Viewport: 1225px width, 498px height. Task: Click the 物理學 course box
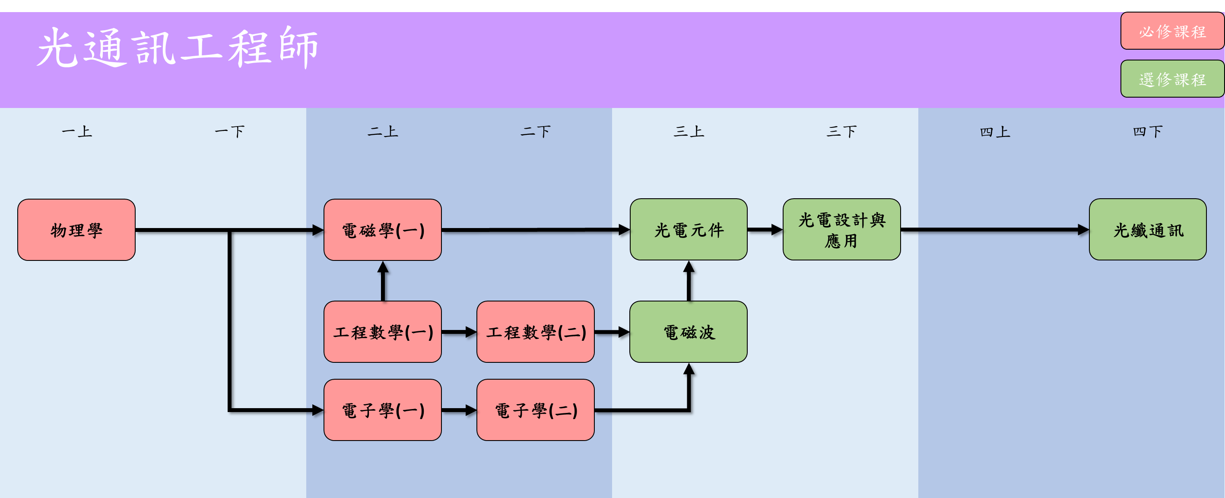[x=76, y=230]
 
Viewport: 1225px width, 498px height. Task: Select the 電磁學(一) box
[x=382, y=230]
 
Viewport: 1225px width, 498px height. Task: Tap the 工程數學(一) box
[x=382, y=332]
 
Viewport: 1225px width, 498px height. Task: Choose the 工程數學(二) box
[x=536, y=332]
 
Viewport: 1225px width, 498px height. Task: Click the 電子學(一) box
[x=382, y=409]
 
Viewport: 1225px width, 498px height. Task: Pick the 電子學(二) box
[x=536, y=409]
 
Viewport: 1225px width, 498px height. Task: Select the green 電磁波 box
[x=688, y=332]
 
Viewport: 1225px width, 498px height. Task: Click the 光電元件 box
[x=688, y=229]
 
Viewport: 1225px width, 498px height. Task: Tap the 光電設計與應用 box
[x=841, y=229]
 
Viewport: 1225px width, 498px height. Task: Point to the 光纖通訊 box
[x=1148, y=229]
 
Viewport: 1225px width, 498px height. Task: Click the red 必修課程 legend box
[x=1172, y=32]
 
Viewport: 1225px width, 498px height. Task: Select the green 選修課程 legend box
[x=1172, y=79]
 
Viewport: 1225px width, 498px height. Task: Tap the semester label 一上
[x=76, y=131]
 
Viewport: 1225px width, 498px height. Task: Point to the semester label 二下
[x=536, y=131]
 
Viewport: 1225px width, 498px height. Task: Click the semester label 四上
[x=994, y=131]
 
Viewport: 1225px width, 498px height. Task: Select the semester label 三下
[x=841, y=131]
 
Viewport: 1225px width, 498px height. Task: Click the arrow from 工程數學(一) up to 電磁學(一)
[x=383, y=282]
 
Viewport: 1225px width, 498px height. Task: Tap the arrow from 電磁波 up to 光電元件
[x=689, y=282]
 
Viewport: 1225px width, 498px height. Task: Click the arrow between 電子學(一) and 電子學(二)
[x=458, y=409]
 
